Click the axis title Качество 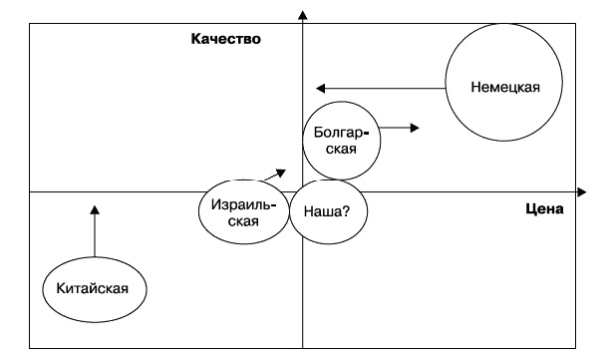point(226,40)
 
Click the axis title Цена point(543,209)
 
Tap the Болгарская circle point(342,140)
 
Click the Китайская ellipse point(95,288)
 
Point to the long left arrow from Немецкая point(379,88)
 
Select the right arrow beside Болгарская point(401,127)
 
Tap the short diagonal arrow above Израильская point(274,174)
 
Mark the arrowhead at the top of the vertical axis point(302,14)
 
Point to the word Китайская point(95,289)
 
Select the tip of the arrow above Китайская point(95,209)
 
